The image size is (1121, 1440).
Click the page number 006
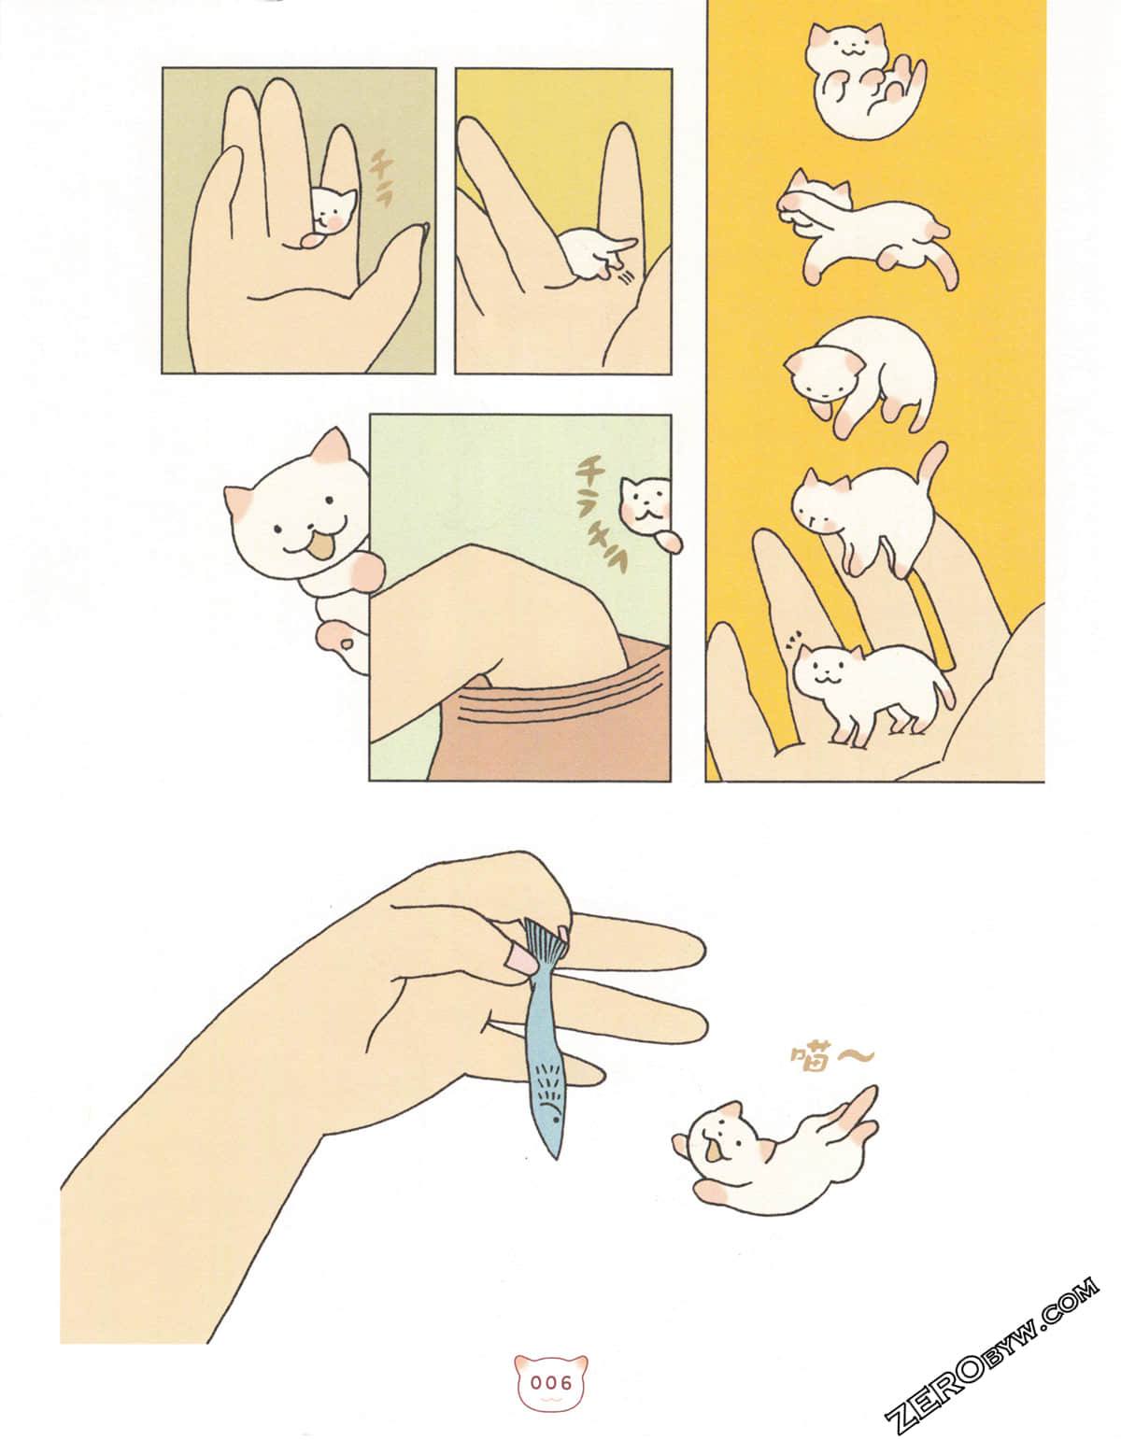(x=551, y=1382)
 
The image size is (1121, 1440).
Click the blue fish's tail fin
(x=542, y=943)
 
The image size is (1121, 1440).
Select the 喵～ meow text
(x=831, y=1058)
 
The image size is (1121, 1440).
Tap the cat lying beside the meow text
(x=766, y=1153)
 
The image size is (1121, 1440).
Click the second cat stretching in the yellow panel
(x=859, y=229)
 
